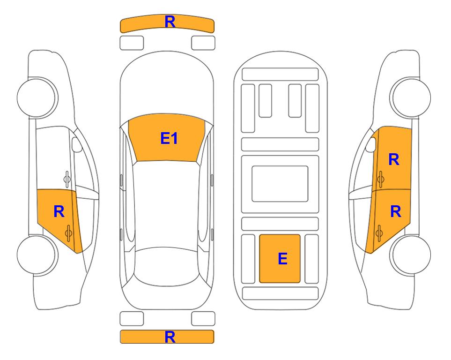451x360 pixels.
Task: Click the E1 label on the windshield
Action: (x=169, y=138)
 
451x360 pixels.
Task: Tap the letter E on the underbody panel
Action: (x=283, y=258)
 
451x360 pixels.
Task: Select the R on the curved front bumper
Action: (x=170, y=22)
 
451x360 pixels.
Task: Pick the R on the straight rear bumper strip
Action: (x=170, y=337)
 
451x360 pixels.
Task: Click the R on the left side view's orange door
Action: (x=59, y=211)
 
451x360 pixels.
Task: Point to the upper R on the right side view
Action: (x=394, y=159)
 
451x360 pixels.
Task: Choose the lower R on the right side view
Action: (x=395, y=211)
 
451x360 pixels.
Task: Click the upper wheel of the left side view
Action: (x=37, y=97)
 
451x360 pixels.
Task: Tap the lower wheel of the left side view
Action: (x=37, y=255)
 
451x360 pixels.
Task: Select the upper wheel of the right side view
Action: (x=411, y=97)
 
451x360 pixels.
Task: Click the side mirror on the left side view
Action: (x=76, y=144)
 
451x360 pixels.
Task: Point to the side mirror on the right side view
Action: (x=371, y=144)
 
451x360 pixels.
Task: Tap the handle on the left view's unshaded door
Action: (x=67, y=179)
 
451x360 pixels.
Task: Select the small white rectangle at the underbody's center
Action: (x=280, y=184)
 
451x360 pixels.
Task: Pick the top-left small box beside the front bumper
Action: (x=132, y=43)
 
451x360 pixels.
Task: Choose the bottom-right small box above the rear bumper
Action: (x=203, y=319)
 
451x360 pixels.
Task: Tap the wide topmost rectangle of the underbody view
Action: (x=280, y=74)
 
